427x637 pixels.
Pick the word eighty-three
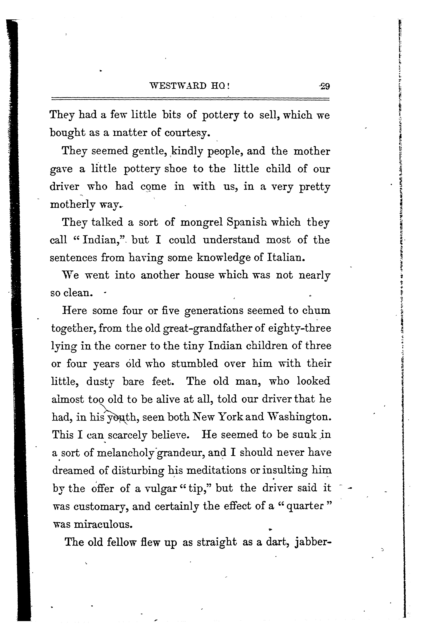click(x=299, y=328)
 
